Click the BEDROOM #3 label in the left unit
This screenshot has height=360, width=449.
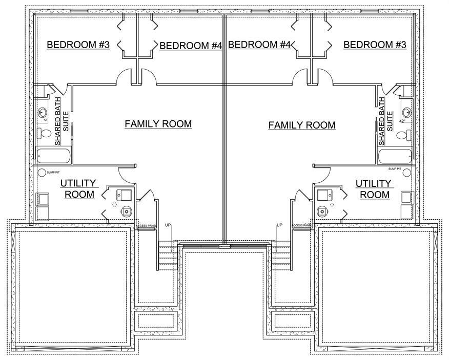tap(78, 45)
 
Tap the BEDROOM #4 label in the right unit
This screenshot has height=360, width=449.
tap(259, 45)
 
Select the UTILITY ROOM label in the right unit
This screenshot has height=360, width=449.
tap(374, 189)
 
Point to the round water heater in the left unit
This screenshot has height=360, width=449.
tap(126, 210)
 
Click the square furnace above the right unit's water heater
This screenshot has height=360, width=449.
tap(324, 195)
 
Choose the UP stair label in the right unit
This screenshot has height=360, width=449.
tap(280, 225)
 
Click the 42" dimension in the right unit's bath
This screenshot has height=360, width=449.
tap(402, 121)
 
